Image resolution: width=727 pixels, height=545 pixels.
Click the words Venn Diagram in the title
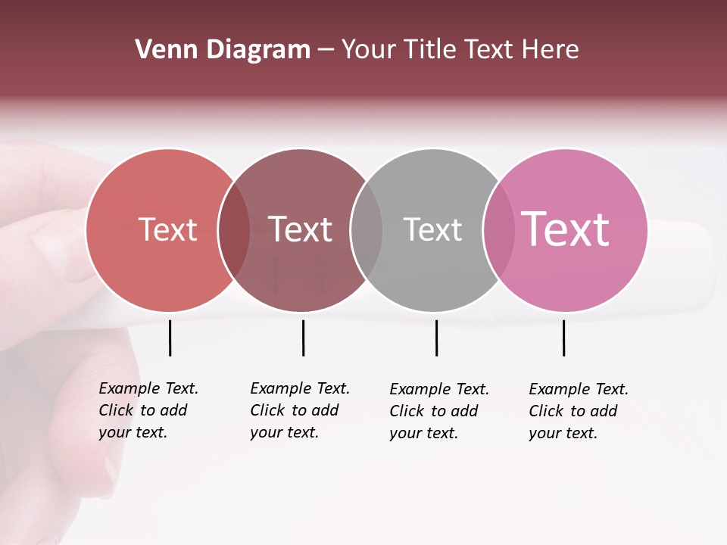tap(222, 50)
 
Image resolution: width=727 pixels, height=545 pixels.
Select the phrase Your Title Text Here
tap(460, 50)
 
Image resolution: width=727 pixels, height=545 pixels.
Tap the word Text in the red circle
tap(167, 229)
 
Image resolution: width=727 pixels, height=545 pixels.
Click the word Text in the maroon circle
tap(301, 229)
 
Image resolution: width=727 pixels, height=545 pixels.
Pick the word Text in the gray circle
tap(432, 229)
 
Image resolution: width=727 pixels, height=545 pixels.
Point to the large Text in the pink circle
tap(566, 229)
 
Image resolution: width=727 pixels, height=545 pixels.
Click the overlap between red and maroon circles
tap(234, 230)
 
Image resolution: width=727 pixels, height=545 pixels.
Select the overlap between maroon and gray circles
tap(367, 230)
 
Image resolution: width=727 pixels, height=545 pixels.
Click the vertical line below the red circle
tap(170, 338)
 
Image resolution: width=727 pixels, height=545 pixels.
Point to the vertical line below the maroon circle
tap(303, 338)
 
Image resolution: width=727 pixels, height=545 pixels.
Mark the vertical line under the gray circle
tap(436, 338)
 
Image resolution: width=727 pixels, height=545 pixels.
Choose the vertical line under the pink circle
tap(563, 338)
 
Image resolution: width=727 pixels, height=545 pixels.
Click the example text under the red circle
tap(148, 410)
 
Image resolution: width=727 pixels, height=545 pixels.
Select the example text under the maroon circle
tap(299, 410)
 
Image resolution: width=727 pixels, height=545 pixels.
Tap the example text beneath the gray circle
tap(438, 411)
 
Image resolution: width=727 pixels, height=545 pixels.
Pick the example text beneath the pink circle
tap(578, 411)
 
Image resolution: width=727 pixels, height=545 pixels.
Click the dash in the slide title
tap(326, 51)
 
